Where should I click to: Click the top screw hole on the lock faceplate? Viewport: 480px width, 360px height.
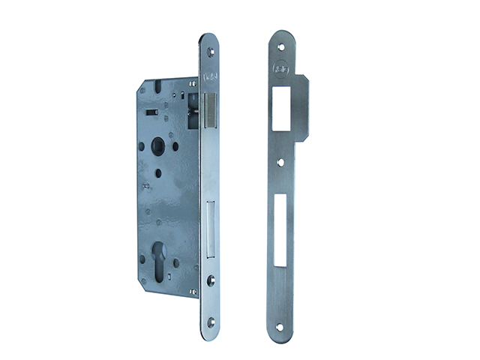tap(210, 51)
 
